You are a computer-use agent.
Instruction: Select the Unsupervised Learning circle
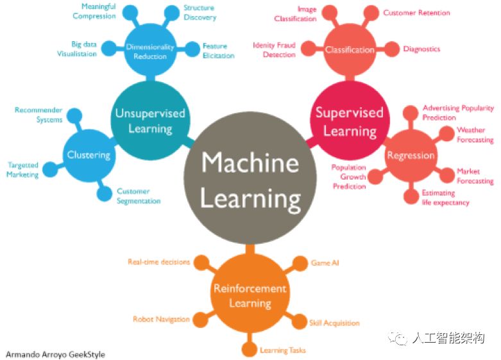point(149,120)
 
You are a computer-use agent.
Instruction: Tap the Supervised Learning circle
point(349,121)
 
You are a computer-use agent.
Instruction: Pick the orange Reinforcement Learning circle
point(250,296)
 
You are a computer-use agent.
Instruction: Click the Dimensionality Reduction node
point(150,51)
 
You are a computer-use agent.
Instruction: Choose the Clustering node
point(89,155)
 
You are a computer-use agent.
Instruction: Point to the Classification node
point(349,49)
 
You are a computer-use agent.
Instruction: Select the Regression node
point(410,155)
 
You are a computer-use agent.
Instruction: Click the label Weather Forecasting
point(475,135)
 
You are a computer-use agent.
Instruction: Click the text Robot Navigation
point(161,319)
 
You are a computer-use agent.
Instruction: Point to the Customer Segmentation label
point(138,196)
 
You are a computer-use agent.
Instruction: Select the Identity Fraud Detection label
point(274,50)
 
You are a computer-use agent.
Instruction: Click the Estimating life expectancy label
point(445,198)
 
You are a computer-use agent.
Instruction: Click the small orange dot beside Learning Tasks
point(249,350)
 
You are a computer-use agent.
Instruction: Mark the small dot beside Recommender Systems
point(76,116)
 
